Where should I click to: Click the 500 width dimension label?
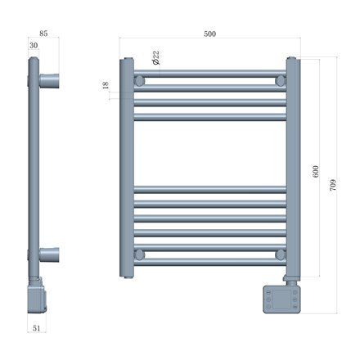tap(209, 34)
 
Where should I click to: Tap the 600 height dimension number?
tap(315, 173)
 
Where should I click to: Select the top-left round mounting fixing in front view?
tap(140, 82)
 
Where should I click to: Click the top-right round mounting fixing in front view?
tap(281, 82)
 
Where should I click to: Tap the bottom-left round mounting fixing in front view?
tap(140, 255)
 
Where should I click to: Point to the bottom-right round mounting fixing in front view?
tap(281, 255)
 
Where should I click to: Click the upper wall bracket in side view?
tap(47, 81)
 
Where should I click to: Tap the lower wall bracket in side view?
tap(47, 254)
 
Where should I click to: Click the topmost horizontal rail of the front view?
tap(210, 72)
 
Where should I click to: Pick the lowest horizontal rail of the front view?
tap(210, 264)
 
